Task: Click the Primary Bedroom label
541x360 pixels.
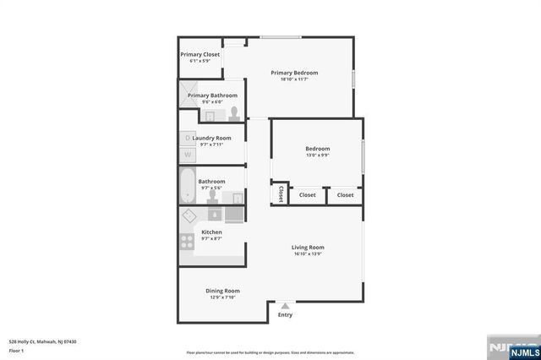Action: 294,73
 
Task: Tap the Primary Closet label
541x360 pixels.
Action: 199,54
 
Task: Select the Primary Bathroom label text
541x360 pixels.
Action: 212,95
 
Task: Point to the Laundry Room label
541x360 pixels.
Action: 211,138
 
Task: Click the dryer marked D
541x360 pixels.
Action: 187,138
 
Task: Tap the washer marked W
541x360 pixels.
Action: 187,155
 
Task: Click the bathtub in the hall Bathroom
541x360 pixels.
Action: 187,185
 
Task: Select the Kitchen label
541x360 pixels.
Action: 211,232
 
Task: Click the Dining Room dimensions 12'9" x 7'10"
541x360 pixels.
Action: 223,297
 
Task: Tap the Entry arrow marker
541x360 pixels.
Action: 285,306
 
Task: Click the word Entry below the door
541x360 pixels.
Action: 285,315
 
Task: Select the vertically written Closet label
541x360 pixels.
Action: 280,194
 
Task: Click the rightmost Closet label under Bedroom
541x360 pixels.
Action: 345,195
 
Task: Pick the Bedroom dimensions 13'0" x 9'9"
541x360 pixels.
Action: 317,155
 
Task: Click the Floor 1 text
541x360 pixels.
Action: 17,350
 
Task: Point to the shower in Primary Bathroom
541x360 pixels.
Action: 187,95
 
